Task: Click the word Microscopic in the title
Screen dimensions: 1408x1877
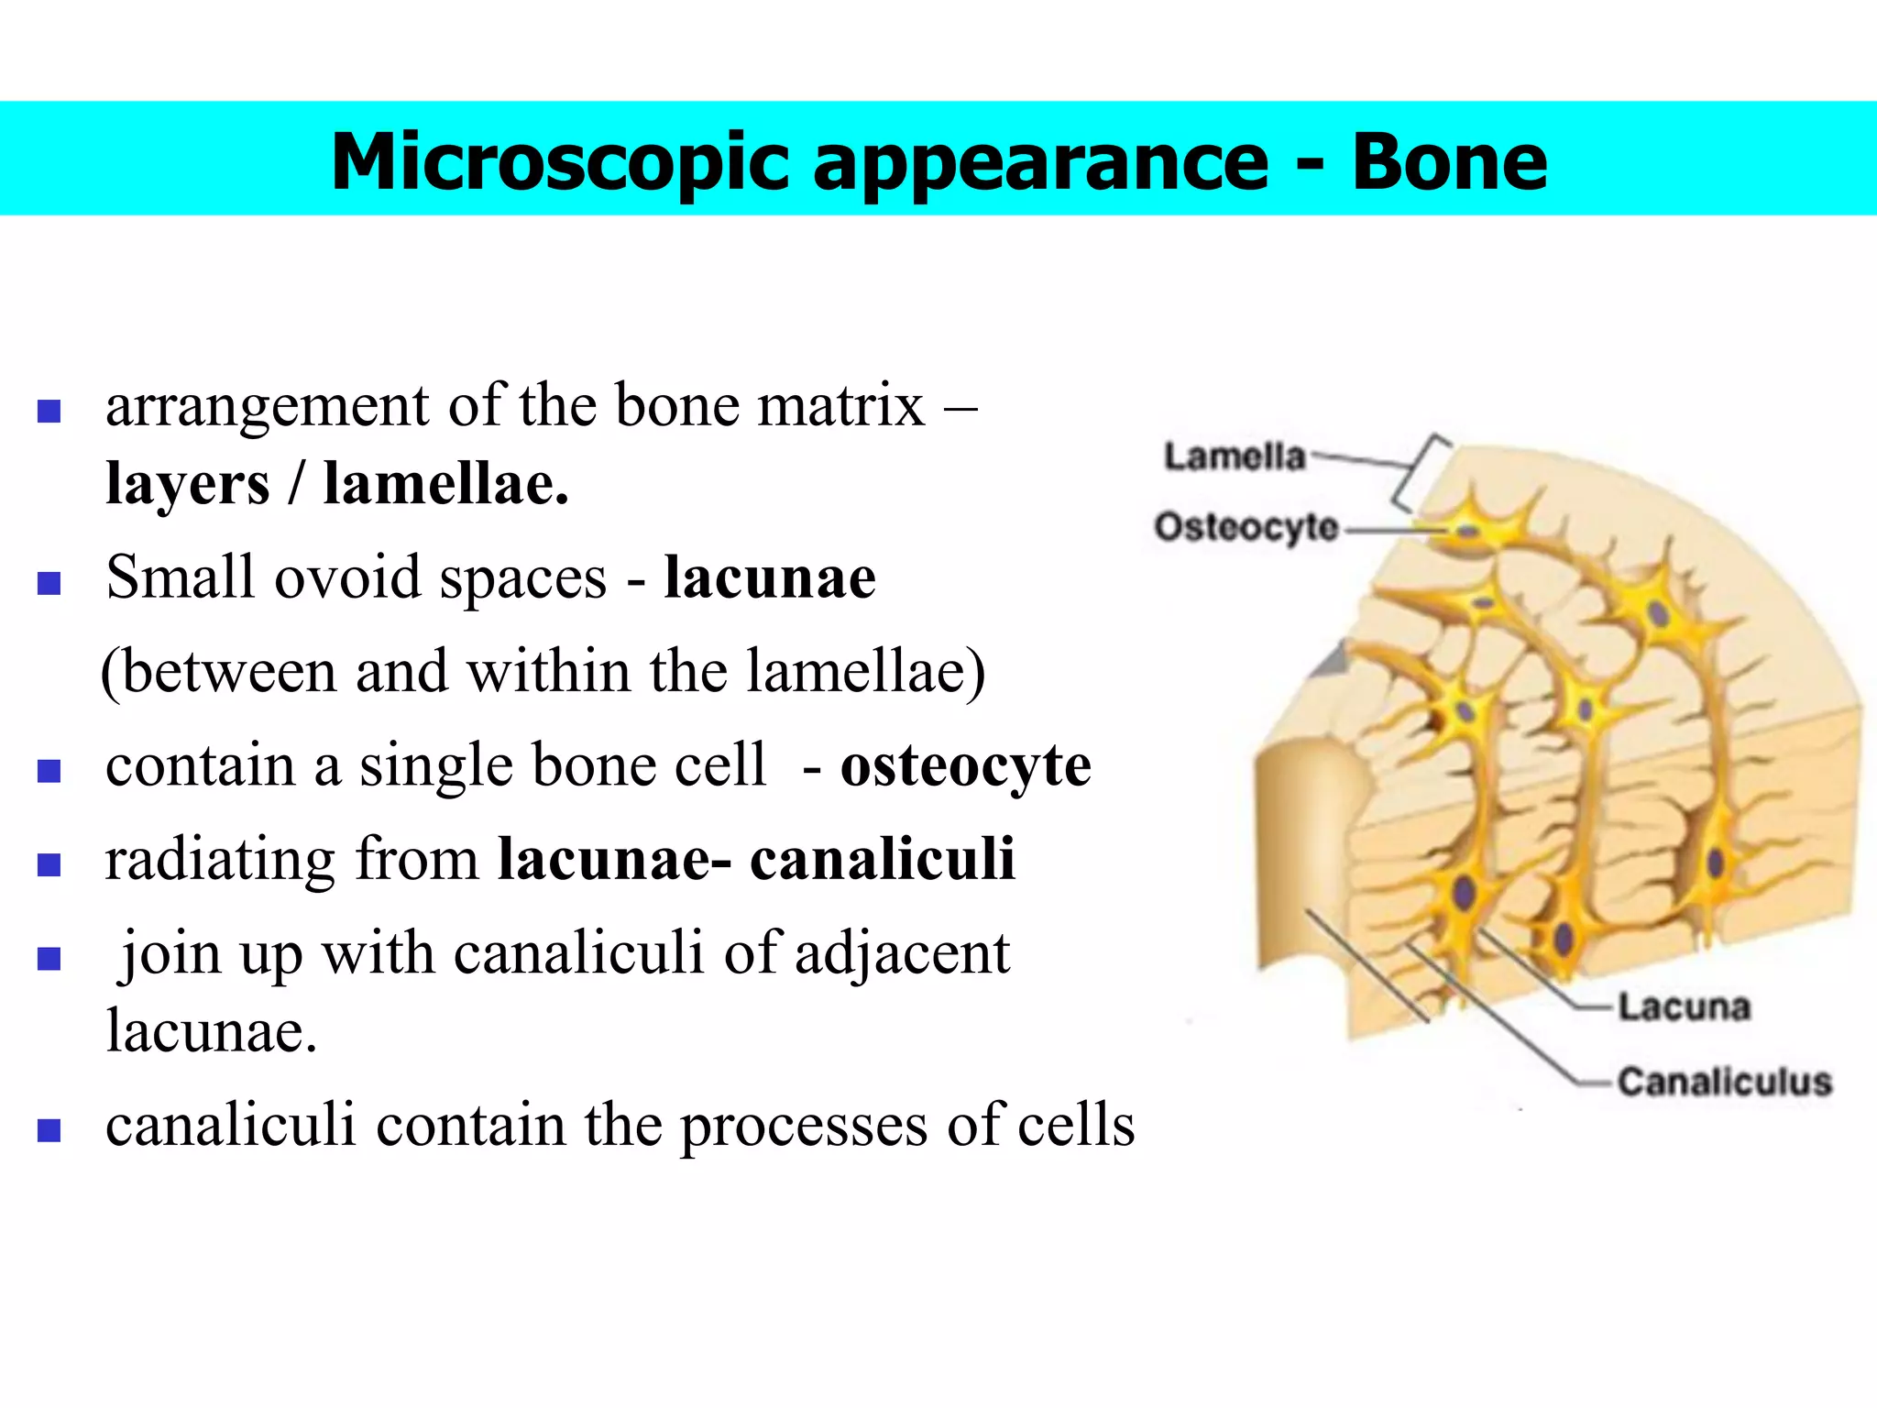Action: [x=560, y=162]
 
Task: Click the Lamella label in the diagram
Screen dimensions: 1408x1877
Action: [x=1234, y=456]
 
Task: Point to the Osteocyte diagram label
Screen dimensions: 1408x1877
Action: [x=1246, y=527]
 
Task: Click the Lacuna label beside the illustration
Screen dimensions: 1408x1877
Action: [x=1684, y=1006]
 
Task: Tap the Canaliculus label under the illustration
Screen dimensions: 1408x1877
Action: [x=1724, y=1082]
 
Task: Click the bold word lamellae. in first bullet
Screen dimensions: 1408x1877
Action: [x=445, y=483]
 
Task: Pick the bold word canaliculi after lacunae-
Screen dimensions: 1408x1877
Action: [x=882, y=859]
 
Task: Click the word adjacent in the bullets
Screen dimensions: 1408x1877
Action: [x=902, y=953]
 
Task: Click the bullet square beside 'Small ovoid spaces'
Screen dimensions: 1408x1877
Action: [x=49, y=583]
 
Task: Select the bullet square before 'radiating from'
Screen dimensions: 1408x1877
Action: [x=49, y=864]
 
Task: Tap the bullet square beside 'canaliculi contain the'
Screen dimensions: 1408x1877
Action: [x=49, y=1129]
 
